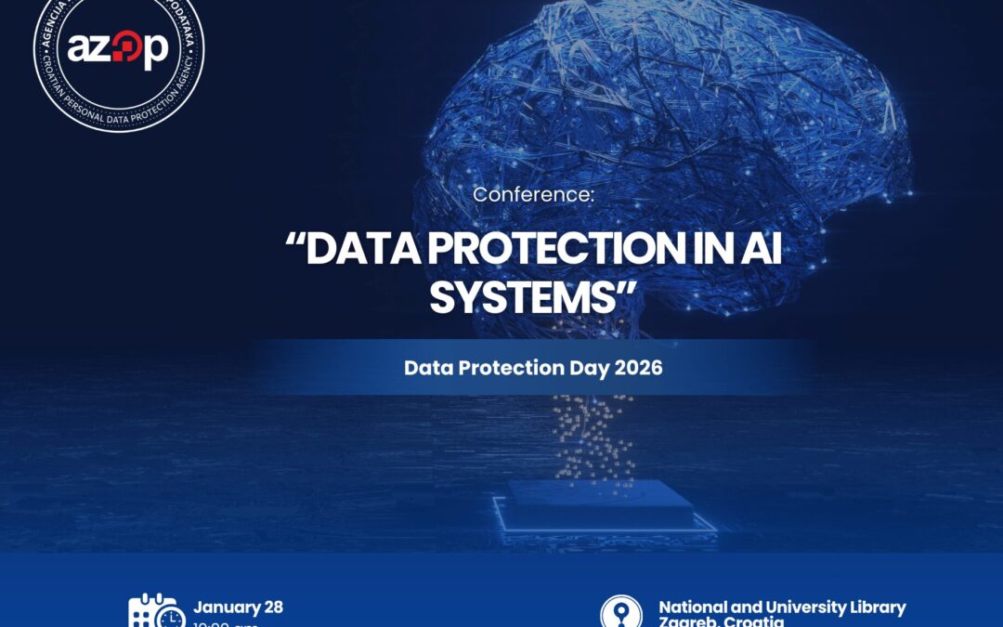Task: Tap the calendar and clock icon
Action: point(155,611)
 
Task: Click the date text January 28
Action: point(239,607)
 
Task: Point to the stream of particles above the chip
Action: point(593,437)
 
